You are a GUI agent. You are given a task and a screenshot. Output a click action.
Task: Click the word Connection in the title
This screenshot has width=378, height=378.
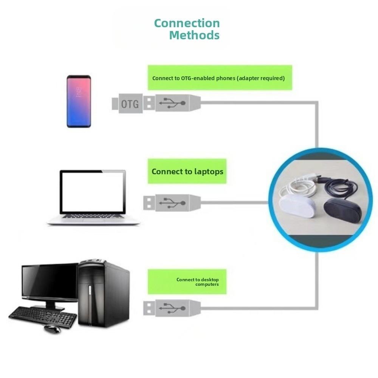click(187, 23)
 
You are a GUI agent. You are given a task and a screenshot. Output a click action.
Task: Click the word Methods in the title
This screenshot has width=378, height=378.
click(194, 35)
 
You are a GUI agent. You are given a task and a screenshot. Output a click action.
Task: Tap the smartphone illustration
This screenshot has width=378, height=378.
click(79, 101)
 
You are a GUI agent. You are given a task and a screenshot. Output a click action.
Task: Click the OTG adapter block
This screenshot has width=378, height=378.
click(129, 103)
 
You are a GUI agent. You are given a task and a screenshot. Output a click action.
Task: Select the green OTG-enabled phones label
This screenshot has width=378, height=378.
click(220, 78)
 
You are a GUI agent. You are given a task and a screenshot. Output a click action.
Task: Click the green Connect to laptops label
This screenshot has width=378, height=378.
click(187, 171)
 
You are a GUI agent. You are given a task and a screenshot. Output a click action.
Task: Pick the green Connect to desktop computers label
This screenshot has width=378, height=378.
click(187, 282)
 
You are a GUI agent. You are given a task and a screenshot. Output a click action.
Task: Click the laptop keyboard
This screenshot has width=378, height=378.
click(93, 217)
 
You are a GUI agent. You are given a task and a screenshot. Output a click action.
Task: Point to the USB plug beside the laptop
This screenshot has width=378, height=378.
click(172, 203)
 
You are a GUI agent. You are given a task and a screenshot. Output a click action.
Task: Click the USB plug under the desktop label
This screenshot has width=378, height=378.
click(172, 308)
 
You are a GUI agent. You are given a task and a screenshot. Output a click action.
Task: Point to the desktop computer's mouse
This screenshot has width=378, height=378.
click(52, 329)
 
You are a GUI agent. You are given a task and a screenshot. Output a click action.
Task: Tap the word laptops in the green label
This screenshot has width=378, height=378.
click(209, 172)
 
